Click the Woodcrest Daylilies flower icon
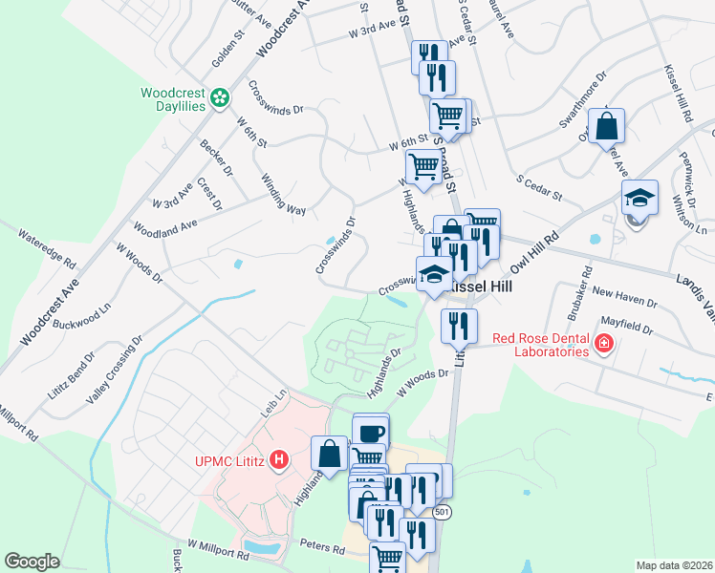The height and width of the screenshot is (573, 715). (220, 97)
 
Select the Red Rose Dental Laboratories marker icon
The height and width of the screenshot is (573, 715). (603, 344)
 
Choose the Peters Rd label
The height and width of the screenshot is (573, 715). (324, 549)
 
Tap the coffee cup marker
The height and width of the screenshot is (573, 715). (371, 431)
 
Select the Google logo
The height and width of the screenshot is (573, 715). (32, 561)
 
